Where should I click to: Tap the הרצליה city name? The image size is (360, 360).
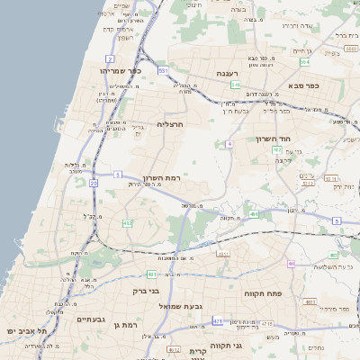coord(169,123)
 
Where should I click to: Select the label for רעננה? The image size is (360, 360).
coord(227,74)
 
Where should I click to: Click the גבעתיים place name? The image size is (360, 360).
coord(92,319)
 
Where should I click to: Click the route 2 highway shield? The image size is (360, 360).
coord(110,57)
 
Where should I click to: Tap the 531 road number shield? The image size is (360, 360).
coord(163,69)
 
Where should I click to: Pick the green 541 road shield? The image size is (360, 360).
coord(235,85)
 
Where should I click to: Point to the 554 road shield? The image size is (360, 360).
coord(305,62)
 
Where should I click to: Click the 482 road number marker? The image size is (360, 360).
coord(128,222)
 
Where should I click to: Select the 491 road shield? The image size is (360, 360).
coord(254,213)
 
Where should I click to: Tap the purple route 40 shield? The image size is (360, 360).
coord(291,263)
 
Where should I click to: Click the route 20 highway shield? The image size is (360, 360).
coord(94,183)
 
